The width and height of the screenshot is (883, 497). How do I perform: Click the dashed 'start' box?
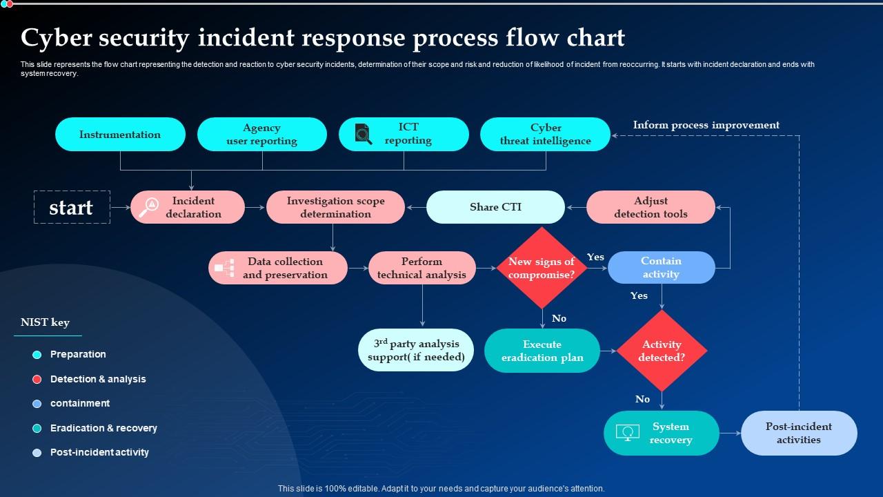(72, 207)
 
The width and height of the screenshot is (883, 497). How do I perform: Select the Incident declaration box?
(188, 207)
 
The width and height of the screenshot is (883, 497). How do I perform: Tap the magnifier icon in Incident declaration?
(148, 207)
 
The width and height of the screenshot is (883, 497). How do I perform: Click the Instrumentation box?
(120, 135)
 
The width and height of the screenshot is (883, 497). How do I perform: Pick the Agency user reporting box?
(261, 135)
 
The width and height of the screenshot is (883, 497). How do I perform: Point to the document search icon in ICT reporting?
(363, 133)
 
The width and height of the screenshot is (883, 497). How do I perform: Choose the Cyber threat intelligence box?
(545, 135)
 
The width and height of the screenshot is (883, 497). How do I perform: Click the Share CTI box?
(495, 207)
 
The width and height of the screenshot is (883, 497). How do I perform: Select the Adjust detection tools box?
(651, 207)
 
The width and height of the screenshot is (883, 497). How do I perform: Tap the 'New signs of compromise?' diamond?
(542, 268)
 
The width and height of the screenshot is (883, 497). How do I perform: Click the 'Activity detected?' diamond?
(662, 351)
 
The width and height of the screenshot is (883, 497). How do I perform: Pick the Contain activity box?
(661, 268)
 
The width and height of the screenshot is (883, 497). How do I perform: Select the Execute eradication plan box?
(542, 351)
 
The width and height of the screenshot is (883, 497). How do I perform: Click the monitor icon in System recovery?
(628, 433)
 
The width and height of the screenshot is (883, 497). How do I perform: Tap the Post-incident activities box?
(799, 433)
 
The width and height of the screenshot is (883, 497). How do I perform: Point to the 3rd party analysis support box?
(416, 350)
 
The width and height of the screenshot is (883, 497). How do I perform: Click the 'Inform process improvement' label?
(706, 125)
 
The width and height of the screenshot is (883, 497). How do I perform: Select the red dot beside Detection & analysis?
(37, 379)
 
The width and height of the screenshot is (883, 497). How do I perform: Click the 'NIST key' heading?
(45, 322)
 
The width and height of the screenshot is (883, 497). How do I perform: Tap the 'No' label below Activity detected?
(642, 399)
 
